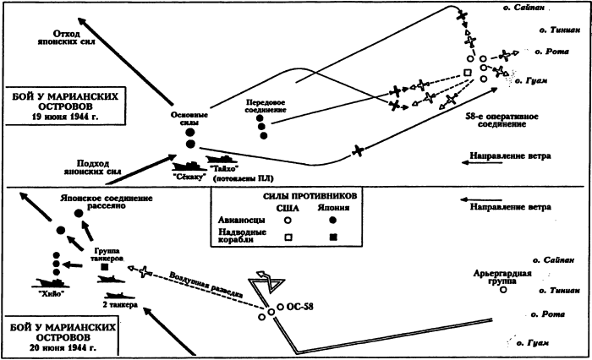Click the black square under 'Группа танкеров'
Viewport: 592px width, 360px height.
pyautogui.click(x=104, y=269)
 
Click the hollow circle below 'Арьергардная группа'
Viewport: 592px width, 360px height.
pyautogui.click(x=502, y=290)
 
